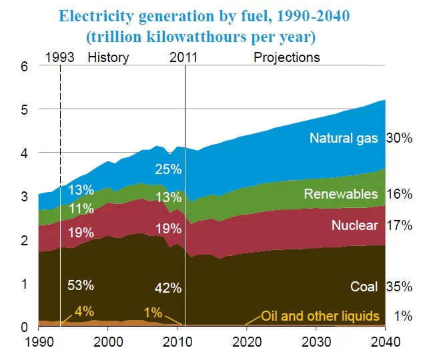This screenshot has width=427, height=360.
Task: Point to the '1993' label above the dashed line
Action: pyautogui.click(x=60, y=57)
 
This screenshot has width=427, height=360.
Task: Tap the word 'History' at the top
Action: pyautogui.click(x=108, y=57)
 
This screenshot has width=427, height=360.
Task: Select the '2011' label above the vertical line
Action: pyautogui.click(x=183, y=57)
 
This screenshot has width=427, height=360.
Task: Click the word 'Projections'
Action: pyautogui.click(x=287, y=57)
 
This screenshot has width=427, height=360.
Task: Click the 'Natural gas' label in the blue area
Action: pyautogui.click(x=344, y=139)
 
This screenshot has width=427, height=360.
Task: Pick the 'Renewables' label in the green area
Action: pyautogui.click(x=342, y=194)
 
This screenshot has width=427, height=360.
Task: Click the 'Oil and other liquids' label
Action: pyautogui.click(x=320, y=315)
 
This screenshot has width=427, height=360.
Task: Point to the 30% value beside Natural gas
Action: pyautogui.click(x=399, y=139)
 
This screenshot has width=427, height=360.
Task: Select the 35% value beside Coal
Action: pyautogui.click(x=399, y=287)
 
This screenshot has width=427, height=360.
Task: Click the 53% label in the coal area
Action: pyautogui.click(x=81, y=286)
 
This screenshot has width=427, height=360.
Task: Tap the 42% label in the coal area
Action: pyautogui.click(x=168, y=288)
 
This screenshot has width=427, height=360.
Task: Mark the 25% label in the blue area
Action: pyautogui.click(x=168, y=169)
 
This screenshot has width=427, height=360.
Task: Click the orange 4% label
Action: pyautogui.click(x=84, y=311)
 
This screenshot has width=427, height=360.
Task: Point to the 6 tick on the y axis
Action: pyautogui.click(x=25, y=66)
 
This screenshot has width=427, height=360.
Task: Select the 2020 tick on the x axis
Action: pyautogui.click(x=247, y=341)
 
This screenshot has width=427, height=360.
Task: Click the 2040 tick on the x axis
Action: pyautogui.click(x=385, y=341)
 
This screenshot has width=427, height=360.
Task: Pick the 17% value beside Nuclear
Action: pyautogui.click(x=399, y=225)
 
